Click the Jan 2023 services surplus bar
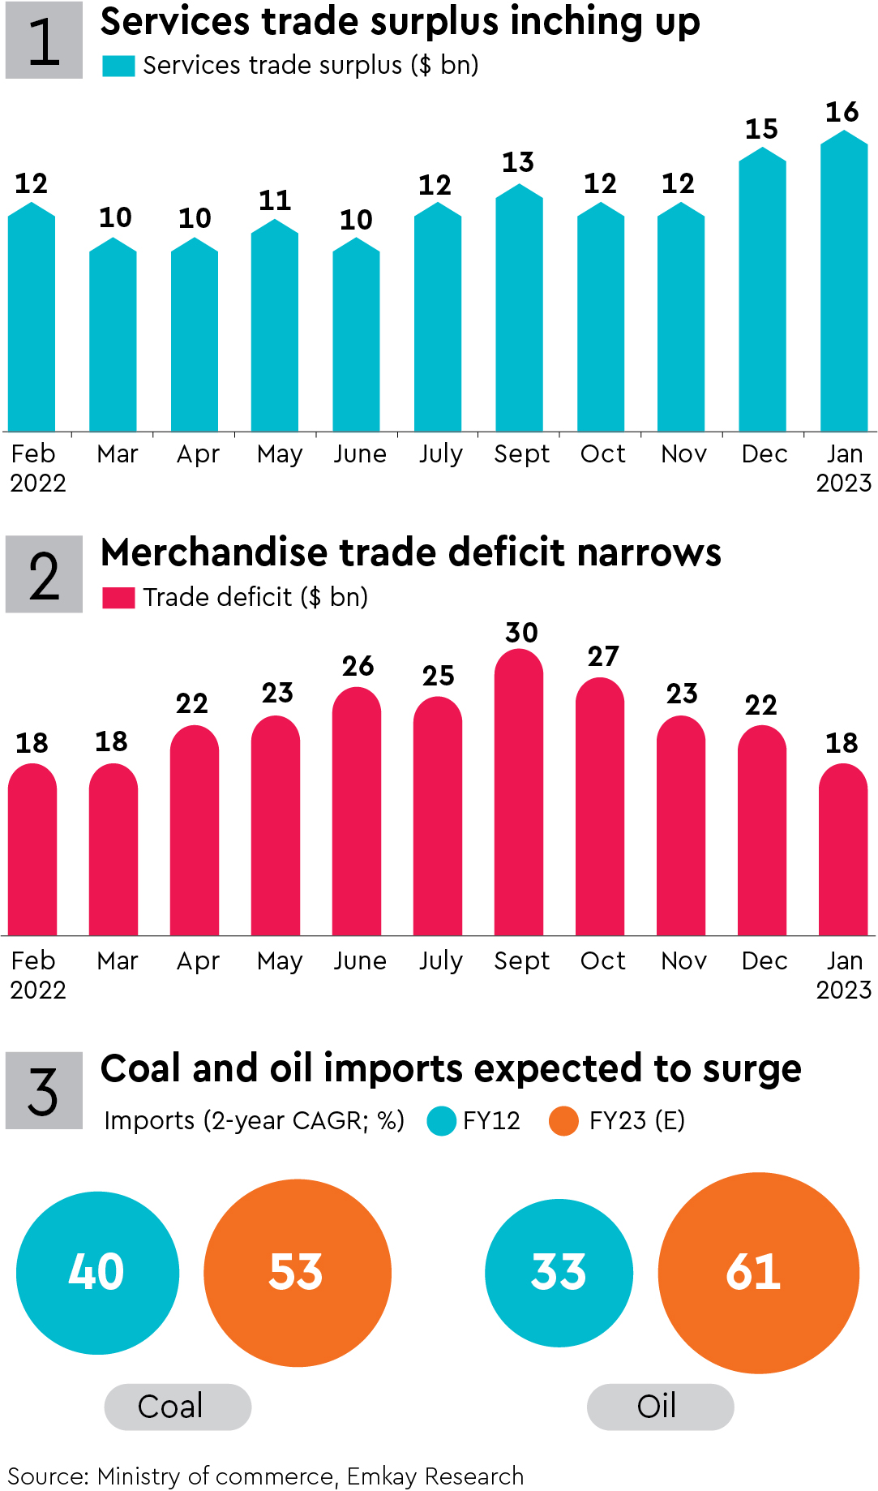click(x=844, y=284)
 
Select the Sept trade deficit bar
click(x=519, y=795)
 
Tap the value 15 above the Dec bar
click(x=761, y=129)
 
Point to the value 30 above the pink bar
click(x=521, y=633)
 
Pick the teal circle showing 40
click(x=97, y=1272)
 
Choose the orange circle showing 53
click(x=297, y=1272)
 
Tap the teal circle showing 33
click(x=559, y=1272)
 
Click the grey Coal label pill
click(x=178, y=1407)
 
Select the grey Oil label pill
click(x=660, y=1407)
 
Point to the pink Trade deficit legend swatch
click(x=118, y=598)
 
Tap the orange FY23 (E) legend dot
click(x=563, y=1121)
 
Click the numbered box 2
click(x=44, y=574)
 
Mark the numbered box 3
click(x=44, y=1090)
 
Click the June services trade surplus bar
click(x=356, y=337)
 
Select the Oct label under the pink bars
click(x=602, y=960)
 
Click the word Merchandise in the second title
click(x=214, y=553)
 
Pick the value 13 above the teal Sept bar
click(x=518, y=163)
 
